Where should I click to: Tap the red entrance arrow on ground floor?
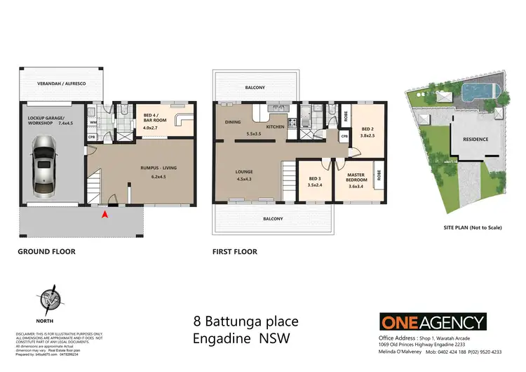click(106, 214)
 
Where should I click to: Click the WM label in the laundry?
click(93, 121)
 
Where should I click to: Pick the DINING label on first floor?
click(233, 122)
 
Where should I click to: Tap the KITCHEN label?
click(274, 126)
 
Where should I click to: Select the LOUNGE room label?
click(244, 171)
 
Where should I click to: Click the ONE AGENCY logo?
click(433, 322)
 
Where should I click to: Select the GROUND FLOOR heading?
click(47, 251)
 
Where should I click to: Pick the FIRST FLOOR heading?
click(234, 251)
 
